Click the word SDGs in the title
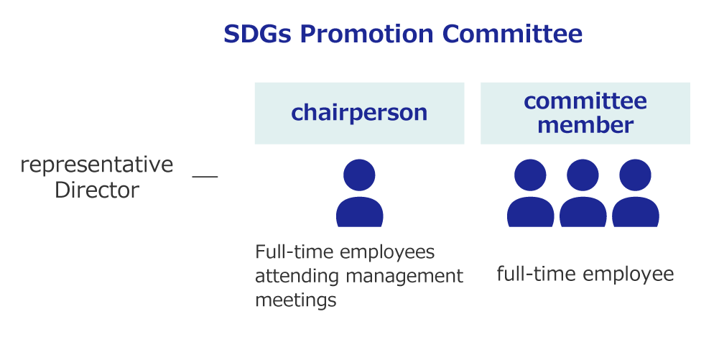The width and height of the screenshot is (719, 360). [257, 34]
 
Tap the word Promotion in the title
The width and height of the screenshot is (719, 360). [366, 34]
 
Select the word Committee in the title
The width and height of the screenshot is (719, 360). [512, 34]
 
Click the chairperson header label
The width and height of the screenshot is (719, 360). [359, 113]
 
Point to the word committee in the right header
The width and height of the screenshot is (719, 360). [585, 101]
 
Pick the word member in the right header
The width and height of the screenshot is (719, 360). [585, 125]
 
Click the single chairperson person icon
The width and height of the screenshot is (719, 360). [359, 193]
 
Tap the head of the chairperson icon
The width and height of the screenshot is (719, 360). [359, 175]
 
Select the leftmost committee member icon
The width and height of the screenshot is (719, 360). [531, 193]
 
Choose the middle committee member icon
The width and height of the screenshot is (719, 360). [583, 193]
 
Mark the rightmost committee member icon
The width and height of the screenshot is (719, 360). [636, 193]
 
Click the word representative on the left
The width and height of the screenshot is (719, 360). [97, 165]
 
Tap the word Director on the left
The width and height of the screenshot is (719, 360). [97, 190]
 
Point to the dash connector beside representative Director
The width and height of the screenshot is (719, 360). [205, 175]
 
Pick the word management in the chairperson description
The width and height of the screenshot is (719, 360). [404, 277]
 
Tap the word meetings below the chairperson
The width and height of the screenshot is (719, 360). [296, 300]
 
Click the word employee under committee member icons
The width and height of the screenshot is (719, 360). [628, 274]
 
